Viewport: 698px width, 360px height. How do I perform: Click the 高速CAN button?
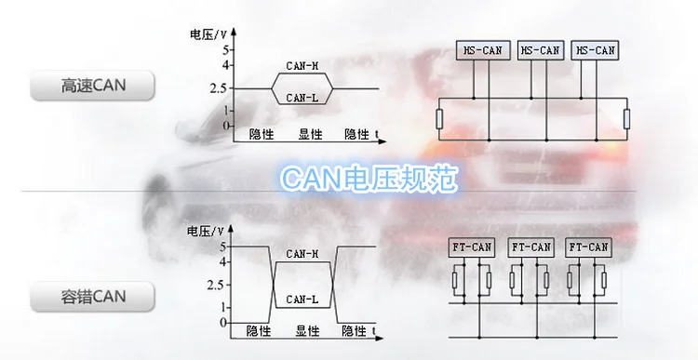tap(92, 85)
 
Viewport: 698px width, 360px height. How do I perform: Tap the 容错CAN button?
tap(92, 297)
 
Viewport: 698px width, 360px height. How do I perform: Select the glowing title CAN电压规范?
tap(369, 178)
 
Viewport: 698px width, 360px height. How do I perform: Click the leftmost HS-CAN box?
tap(482, 51)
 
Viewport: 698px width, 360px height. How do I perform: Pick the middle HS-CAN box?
tap(540, 51)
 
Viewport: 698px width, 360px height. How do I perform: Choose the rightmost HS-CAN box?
tap(596, 51)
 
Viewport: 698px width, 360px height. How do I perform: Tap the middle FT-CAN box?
tap(531, 247)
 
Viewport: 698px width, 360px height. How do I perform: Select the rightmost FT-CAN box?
tap(588, 247)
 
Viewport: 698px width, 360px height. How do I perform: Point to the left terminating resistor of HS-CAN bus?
tap(439, 119)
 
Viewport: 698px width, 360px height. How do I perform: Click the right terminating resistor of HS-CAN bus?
tap(626, 119)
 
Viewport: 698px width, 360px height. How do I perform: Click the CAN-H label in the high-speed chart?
tap(302, 66)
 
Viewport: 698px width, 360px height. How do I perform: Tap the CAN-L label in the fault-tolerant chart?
tap(302, 300)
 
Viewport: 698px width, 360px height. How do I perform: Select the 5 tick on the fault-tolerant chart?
tap(222, 247)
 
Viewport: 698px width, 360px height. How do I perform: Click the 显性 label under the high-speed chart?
tap(310, 134)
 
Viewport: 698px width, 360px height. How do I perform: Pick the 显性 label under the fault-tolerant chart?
tap(308, 331)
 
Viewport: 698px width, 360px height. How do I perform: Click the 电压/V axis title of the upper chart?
tap(208, 34)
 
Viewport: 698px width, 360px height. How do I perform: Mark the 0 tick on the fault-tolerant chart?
tap(223, 323)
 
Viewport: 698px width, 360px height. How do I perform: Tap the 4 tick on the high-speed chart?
tap(225, 65)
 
